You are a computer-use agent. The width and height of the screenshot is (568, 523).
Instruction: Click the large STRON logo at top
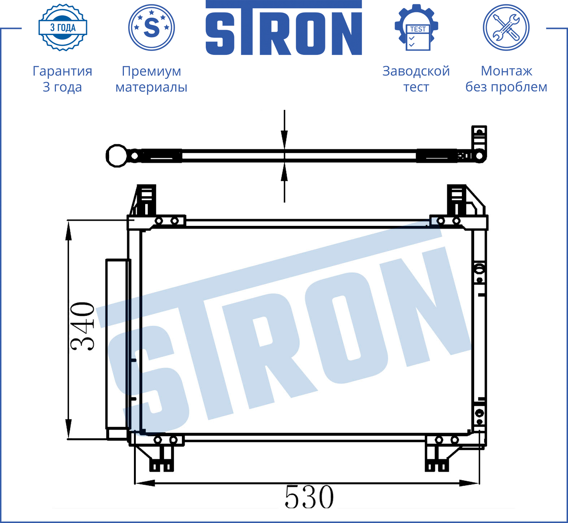[284, 28]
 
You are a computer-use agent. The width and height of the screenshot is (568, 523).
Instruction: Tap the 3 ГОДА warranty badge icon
[63, 27]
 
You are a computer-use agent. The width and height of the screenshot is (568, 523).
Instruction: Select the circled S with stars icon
[152, 27]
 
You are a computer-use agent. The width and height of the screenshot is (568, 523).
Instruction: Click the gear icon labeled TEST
[416, 27]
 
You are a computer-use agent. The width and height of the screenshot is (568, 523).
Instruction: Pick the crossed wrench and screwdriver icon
[506, 27]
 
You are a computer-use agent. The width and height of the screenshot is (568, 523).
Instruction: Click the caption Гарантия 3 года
[62, 79]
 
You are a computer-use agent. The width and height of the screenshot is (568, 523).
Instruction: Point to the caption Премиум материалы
[151, 79]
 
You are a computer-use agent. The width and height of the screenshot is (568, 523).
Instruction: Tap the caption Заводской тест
[416, 79]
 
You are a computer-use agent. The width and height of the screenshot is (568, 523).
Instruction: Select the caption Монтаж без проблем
[506, 79]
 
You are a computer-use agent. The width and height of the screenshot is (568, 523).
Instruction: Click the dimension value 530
[309, 497]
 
